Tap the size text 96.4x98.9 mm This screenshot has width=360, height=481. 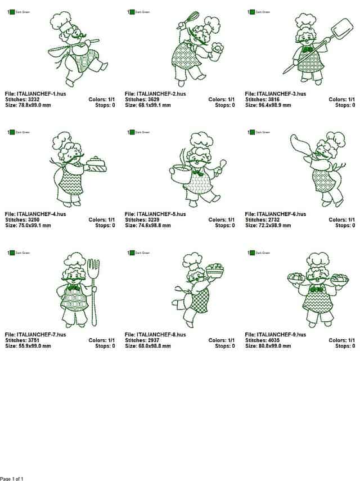[276, 105]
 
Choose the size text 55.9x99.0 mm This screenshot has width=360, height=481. [35, 346]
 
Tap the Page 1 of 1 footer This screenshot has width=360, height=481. [12, 478]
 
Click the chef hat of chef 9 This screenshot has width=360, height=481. [318, 260]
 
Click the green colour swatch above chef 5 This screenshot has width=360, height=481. [131, 132]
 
